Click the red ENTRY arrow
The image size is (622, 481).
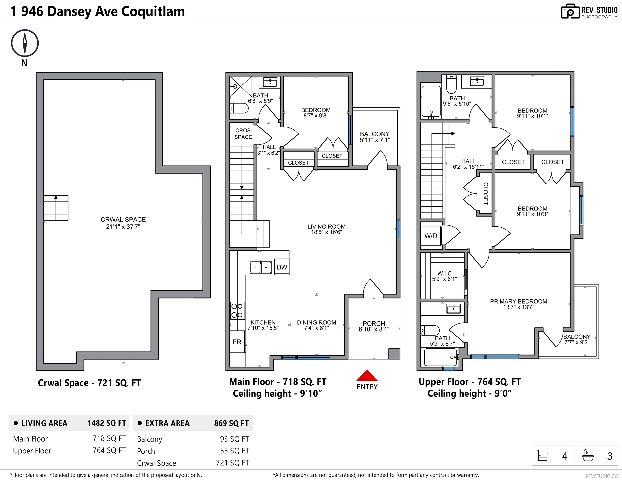tap(367, 376)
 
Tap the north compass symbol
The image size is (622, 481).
tap(25, 43)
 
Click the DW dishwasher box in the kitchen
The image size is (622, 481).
tap(282, 267)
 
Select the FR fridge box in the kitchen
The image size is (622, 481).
tap(237, 342)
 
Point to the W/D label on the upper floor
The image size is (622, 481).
tap(431, 236)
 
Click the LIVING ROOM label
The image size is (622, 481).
tap(326, 227)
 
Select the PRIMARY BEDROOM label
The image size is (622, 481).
tap(518, 301)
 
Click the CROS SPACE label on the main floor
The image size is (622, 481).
tap(243, 134)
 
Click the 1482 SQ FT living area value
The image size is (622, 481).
tap(107, 423)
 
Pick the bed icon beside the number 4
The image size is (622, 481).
tap(542, 456)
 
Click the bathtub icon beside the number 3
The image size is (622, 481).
tap(588, 455)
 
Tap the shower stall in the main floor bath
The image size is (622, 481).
tap(241, 86)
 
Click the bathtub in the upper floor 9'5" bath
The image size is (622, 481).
tap(431, 102)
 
